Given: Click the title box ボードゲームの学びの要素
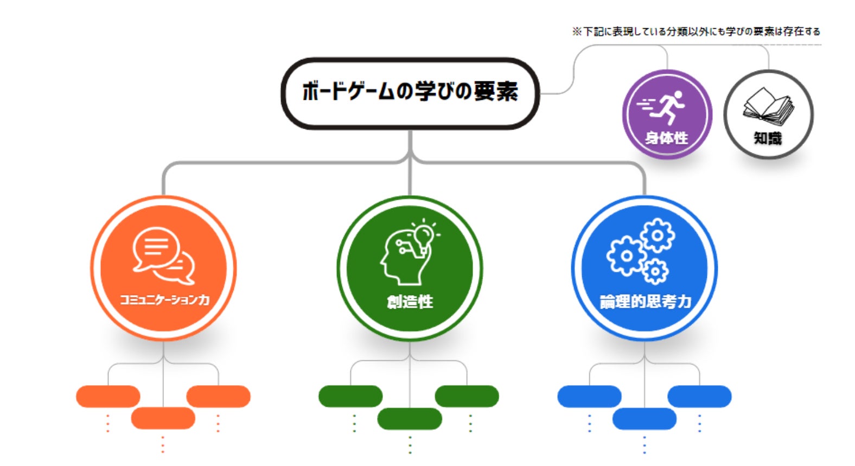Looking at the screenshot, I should pos(410,92).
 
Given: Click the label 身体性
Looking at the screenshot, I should pos(666,138).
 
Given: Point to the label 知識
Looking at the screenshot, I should pos(768,139).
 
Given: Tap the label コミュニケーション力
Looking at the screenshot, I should pos(164,299).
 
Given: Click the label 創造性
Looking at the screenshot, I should pos(410,302).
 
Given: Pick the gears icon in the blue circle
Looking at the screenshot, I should pos(641,251).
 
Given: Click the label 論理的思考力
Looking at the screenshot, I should pos(645,302).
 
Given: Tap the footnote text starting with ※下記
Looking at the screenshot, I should pos(696,31).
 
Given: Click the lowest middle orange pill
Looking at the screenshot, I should pos(163,418).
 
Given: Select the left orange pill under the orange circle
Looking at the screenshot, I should pos(108,397).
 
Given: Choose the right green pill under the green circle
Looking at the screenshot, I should pos(467,397).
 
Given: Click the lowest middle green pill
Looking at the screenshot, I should pos(410,419).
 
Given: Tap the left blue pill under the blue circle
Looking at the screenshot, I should pos(589,397).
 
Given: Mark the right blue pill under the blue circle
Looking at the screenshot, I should pos(699,397).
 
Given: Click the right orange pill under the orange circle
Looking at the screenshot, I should pos(218,397).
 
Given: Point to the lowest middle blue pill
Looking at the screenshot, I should pos(645,419).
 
